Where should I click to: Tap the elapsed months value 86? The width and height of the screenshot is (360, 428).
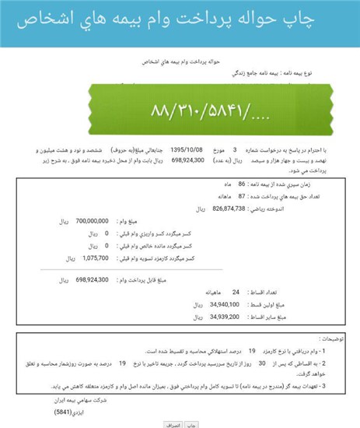tap(242, 184)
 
